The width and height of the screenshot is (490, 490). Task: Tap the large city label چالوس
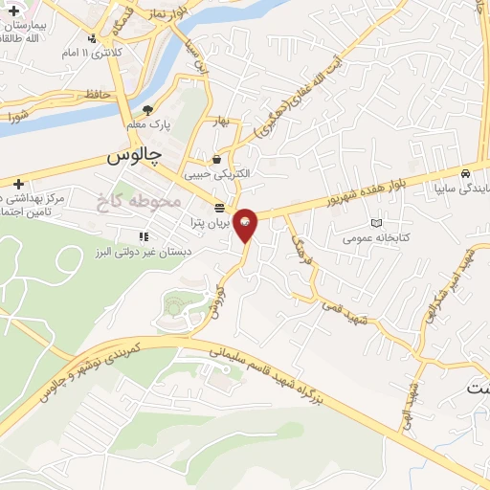click(135, 153)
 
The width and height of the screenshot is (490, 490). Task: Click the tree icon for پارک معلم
click(147, 110)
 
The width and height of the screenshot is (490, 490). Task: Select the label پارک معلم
click(147, 125)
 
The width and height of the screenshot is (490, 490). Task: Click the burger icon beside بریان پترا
click(219, 208)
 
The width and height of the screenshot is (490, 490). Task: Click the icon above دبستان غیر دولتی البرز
click(144, 235)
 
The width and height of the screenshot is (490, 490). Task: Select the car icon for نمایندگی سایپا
click(464, 175)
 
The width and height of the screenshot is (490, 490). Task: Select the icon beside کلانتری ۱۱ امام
click(92, 39)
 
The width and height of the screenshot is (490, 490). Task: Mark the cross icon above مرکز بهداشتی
click(17, 183)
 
